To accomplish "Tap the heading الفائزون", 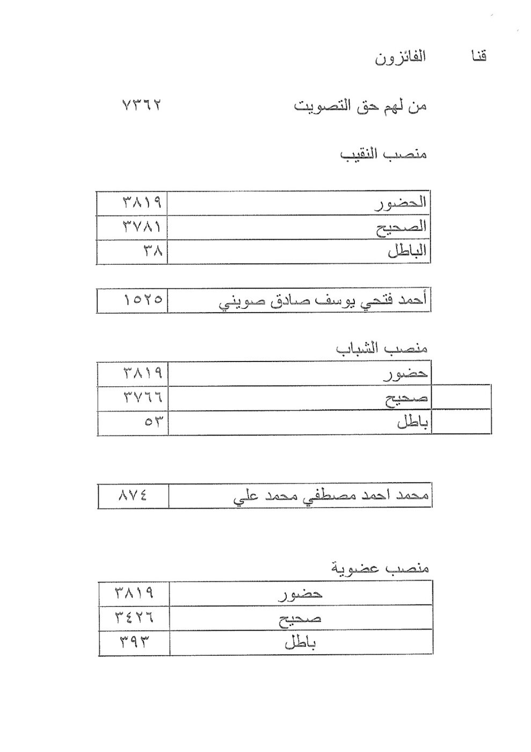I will click(x=400, y=57).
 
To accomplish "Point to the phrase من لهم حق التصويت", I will click(x=360, y=106).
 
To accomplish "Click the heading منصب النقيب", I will click(x=383, y=155).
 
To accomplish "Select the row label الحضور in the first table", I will click(x=400, y=203).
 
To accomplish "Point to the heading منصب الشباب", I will click(x=382, y=349).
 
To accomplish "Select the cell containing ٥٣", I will click(x=152, y=422).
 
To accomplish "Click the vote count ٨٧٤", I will click(x=133, y=496).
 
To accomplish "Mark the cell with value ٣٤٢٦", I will click(x=134, y=618).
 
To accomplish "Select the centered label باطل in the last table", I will click(x=300, y=642).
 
